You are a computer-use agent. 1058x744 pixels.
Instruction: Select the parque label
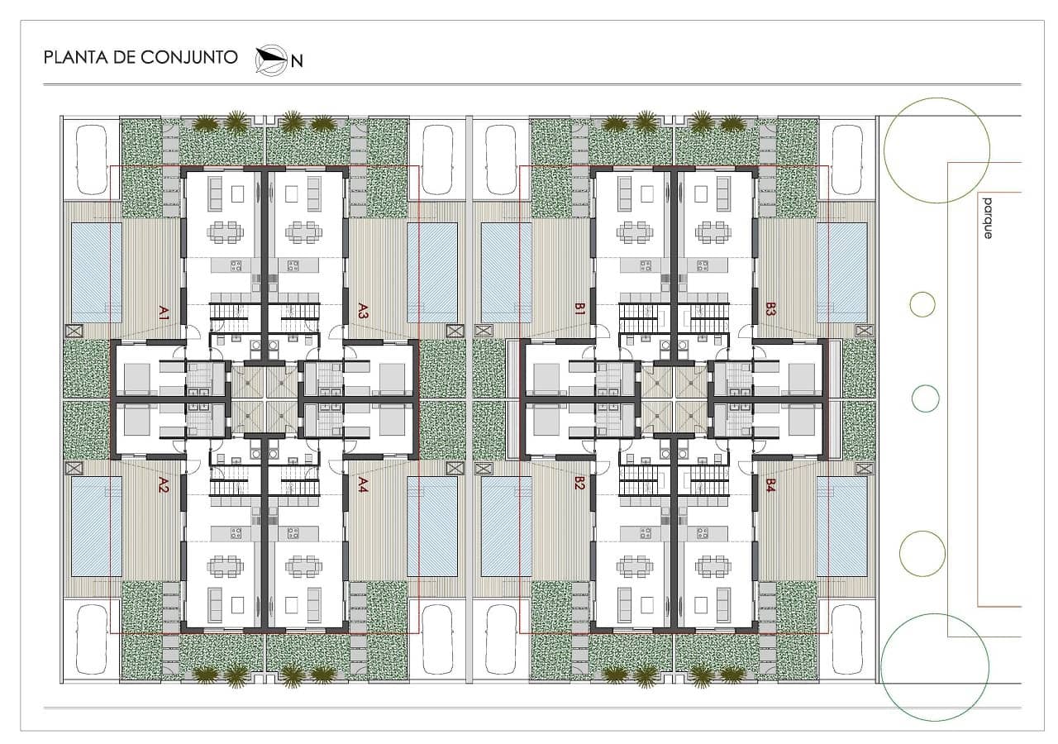986,217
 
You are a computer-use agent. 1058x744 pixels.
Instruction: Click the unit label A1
164,312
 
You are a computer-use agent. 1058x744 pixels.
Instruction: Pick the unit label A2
164,484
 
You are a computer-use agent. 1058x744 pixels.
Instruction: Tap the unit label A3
363,311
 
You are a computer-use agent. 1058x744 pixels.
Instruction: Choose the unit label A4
363,484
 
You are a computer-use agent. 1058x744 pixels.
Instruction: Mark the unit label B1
579,311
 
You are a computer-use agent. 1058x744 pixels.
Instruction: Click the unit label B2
579,484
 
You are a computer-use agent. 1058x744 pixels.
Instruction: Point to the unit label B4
770,485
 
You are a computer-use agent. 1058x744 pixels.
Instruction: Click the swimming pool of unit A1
96,272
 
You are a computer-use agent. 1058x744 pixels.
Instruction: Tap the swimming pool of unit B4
842,527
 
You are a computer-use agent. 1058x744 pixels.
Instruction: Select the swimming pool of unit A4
432,527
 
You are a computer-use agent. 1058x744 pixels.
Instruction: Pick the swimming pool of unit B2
507,527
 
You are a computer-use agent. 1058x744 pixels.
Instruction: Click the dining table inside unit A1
226,232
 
